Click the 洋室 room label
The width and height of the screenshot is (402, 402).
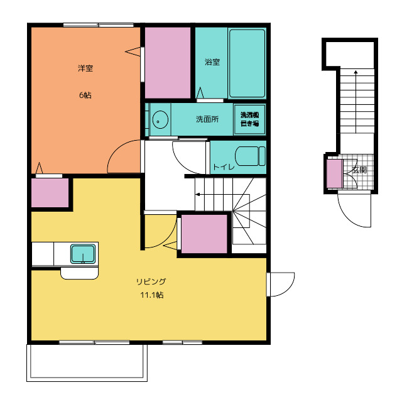click(x=85, y=68)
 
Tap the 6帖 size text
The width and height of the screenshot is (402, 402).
click(x=85, y=95)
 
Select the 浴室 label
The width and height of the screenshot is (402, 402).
click(x=212, y=62)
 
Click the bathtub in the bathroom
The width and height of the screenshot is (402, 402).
click(x=247, y=63)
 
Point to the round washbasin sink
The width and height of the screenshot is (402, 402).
click(x=160, y=119)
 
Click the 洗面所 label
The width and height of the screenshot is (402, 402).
click(x=207, y=119)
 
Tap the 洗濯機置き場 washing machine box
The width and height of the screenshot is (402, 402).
click(x=249, y=119)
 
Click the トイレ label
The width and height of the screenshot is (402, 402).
click(x=224, y=167)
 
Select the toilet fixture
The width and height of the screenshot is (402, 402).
click(x=250, y=156)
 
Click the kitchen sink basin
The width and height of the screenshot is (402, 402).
click(x=83, y=254)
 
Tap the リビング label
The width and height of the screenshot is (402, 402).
click(x=151, y=281)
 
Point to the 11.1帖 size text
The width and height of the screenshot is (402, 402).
click(x=152, y=295)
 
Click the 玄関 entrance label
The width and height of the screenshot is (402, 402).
click(x=359, y=170)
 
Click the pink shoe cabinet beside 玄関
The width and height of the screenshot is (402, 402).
click(x=335, y=173)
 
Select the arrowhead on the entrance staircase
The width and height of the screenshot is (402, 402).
click(x=356, y=72)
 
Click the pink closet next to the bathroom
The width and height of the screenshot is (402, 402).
click(x=168, y=63)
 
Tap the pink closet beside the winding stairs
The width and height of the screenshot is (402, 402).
click(x=204, y=234)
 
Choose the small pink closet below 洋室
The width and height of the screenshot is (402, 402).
click(x=50, y=193)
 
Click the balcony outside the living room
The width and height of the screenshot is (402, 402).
click(x=87, y=363)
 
